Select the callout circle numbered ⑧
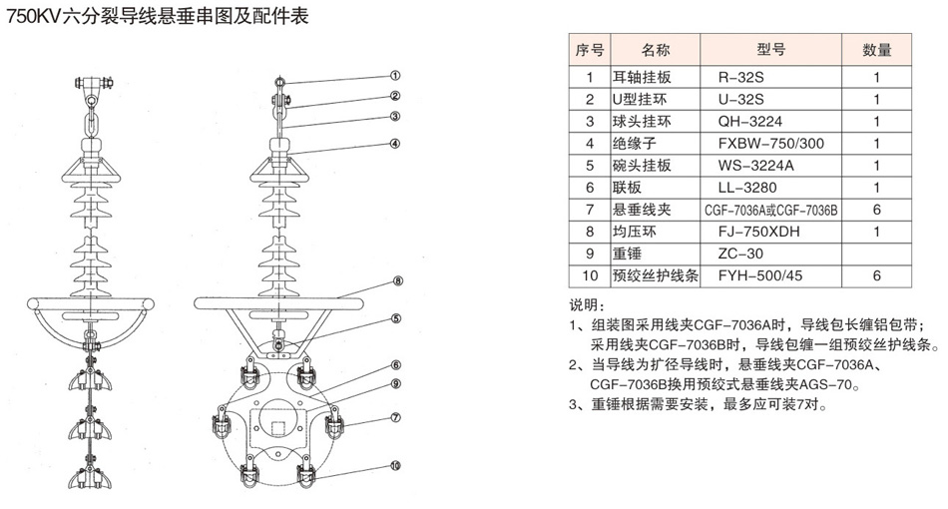tap(397, 281)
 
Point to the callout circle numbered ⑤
tap(396, 319)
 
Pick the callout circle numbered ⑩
tap(396, 465)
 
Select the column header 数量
tap(876, 49)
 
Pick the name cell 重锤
tap(627, 254)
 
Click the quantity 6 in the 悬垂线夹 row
tap(876, 210)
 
